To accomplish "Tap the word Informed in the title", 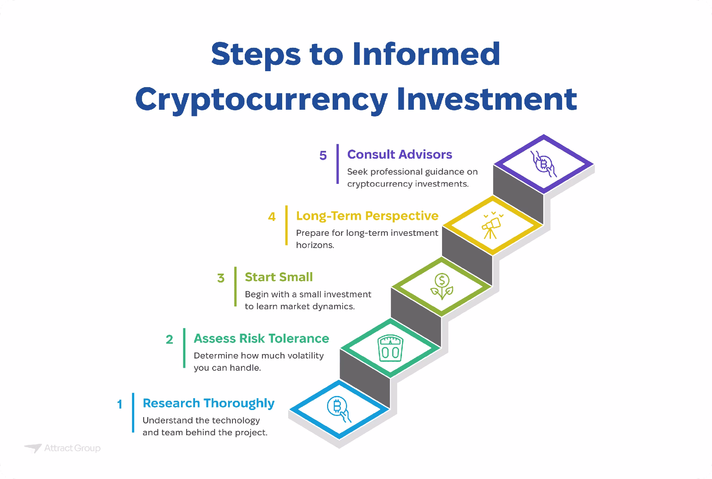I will (426, 54).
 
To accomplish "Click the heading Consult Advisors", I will (399, 154).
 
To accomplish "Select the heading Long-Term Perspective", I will (367, 216).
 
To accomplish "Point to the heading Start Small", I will (278, 277).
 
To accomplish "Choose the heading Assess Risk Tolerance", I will (261, 338).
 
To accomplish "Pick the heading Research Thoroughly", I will (208, 403).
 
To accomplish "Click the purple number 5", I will (323, 155).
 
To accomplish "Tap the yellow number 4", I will (272, 217).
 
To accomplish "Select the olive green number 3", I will (221, 278).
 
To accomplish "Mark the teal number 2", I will (169, 340).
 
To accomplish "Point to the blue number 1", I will (119, 404).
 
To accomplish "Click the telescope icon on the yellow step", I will (492, 225).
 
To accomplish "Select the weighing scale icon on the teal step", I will (390, 348).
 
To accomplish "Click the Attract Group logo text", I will (72, 448).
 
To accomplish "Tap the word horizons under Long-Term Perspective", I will (315, 245).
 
